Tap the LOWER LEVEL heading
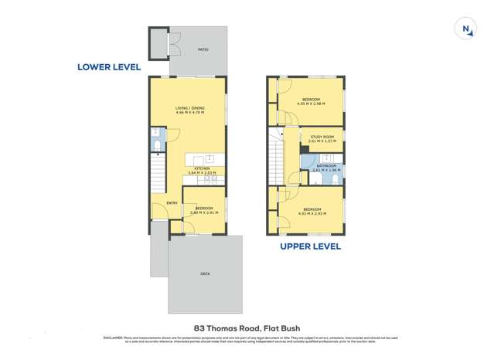(x=109, y=67)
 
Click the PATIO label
(x=203, y=49)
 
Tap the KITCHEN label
(x=201, y=168)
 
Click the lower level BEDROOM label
(x=204, y=208)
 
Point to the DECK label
(x=205, y=273)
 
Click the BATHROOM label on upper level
(x=326, y=165)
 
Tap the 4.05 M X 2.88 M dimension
(x=312, y=104)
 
